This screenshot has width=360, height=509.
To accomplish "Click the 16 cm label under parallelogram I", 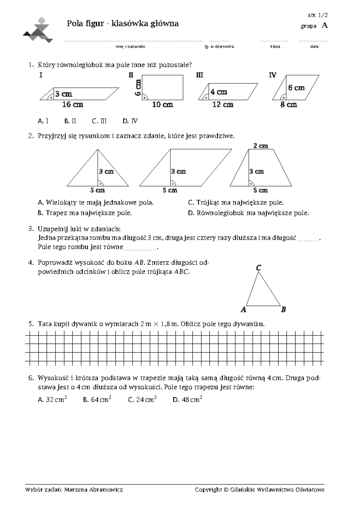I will [x=73, y=104].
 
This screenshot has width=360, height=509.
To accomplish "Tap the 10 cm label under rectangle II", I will [x=163, y=104].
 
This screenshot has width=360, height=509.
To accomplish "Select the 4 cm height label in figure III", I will [x=219, y=92].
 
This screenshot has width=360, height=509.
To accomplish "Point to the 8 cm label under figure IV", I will [x=289, y=104].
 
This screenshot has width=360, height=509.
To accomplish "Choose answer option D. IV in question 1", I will [x=130, y=121].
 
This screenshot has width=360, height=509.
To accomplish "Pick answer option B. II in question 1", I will [x=70, y=121].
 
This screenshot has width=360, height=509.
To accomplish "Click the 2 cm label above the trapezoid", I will [x=260, y=146].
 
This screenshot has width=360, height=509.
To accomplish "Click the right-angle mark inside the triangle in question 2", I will [x=100, y=183].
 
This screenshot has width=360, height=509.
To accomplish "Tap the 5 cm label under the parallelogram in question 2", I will [x=170, y=190].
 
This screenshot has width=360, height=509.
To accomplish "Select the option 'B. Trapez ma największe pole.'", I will [x=85, y=213].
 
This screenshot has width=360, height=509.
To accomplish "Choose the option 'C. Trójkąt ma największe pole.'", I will [x=236, y=203].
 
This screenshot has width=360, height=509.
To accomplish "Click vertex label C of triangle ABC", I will [x=259, y=267].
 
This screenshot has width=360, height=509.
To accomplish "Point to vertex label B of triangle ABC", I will [x=283, y=309].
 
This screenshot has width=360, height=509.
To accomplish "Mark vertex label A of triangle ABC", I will [x=243, y=309].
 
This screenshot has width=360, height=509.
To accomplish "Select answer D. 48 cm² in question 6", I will [x=187, y=399].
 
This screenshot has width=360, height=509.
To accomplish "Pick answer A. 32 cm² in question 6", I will [x=52, y=399].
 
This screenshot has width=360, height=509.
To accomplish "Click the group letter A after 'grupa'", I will [x=324, y=26].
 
